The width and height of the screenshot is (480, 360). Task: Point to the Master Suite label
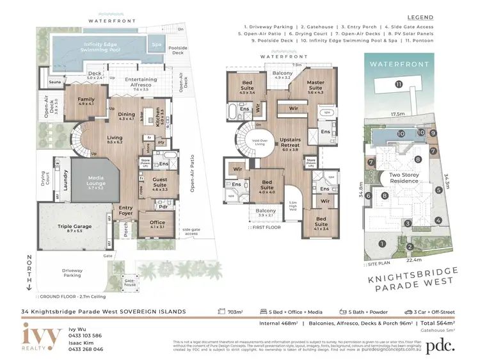click(316, 85)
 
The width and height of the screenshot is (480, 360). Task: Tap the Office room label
click(157, 224)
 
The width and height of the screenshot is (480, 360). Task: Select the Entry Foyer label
click(126, 210)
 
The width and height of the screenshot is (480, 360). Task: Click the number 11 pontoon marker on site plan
click(398, 84)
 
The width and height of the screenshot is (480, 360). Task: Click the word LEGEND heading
click(420, 17)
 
